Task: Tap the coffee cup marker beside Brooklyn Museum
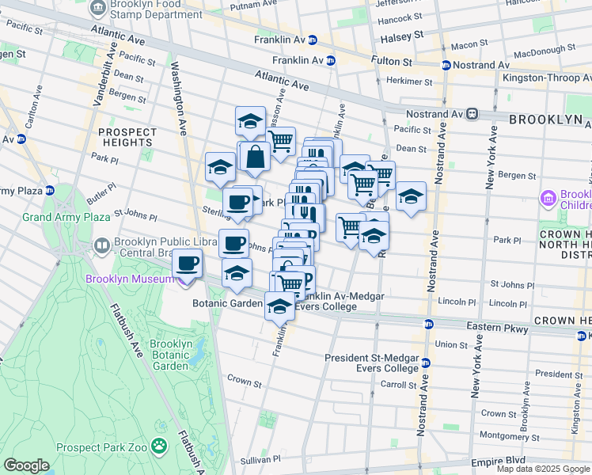[x=187, y=263]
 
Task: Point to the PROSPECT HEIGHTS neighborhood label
[x=127, y=136]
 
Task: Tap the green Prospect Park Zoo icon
[x=160, y=447]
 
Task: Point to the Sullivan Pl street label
[x=260, y=458]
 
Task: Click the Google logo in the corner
[x=26, y=465]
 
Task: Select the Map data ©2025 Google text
[x=543, y=469]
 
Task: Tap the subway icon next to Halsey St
[x=313, y=40]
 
